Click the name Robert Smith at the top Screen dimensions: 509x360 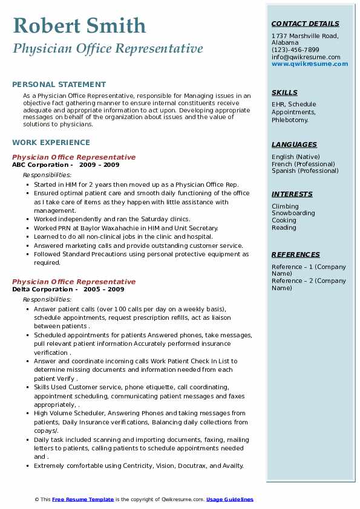[79, 25]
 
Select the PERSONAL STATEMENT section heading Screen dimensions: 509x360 [59, 85]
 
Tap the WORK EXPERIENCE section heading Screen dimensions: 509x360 [51, 143]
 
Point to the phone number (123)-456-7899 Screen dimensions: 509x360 [295, 50]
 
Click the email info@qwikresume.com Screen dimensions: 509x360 [306, 57]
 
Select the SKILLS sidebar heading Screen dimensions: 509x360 [284, 92]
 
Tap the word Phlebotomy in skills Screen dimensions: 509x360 [290, 120]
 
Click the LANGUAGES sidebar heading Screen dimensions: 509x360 [294, 144]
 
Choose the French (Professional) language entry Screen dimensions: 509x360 [303, 164]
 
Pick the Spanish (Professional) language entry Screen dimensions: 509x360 [304, 170]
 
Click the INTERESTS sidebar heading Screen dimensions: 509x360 [292, 194]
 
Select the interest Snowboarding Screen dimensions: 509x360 [293, 213]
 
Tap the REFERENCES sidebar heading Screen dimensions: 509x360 [295, 254]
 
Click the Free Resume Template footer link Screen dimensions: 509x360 [83, 499]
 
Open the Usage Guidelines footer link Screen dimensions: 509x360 [230, 499]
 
